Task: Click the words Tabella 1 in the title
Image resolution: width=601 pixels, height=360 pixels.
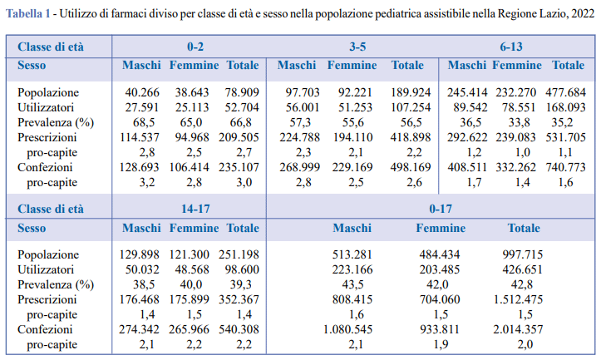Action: [28, 14]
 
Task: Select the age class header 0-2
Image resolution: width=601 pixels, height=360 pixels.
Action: [195, 47]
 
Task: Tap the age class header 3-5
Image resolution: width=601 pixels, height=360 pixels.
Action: [357, 47]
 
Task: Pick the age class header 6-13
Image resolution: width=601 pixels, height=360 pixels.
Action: [511, 47]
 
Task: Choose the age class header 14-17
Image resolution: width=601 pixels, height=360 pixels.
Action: [195, 209]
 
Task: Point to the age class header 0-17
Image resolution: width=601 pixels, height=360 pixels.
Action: [441, 209]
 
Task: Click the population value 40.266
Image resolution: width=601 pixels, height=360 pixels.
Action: [142, 92]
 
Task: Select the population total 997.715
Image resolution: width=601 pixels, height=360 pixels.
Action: [522, 254]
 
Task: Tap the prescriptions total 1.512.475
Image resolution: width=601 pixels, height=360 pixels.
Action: [518, 299]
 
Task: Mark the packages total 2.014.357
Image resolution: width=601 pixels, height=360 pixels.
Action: [518, 329]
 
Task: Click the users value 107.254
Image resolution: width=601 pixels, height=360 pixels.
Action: [411, 107]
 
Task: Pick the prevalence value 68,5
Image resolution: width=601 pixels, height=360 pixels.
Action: [144, 122]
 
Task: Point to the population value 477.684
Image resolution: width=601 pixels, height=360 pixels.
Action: [565, 92]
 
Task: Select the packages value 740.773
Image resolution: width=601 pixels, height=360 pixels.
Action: [565, 167]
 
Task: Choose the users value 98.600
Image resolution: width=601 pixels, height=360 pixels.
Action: [242, 269]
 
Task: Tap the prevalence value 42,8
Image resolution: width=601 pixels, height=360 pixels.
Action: [522, 284]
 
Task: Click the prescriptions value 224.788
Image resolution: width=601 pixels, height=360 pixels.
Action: [299, 137]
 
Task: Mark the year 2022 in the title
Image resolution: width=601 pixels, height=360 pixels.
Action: [583, 14]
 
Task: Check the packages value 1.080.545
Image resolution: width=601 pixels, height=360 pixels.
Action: [347, 329]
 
